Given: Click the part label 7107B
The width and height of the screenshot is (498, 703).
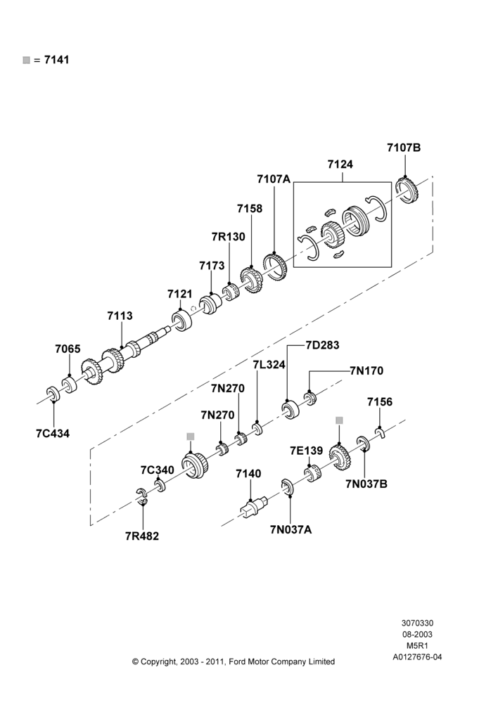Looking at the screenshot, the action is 404,148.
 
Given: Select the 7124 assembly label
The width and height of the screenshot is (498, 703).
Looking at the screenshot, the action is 340,165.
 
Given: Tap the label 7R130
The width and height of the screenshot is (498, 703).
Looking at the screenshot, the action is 229,237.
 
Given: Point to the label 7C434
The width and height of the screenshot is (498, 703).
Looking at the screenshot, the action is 53,434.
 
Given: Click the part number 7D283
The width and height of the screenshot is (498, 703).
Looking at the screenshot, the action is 323,345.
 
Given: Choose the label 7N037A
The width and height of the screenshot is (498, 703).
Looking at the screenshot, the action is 290,529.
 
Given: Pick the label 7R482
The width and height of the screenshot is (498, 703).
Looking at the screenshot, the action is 142,536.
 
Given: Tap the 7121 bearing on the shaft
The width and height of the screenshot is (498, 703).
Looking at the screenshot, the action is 181,320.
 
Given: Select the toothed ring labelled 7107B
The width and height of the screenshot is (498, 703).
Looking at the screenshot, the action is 407,190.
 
